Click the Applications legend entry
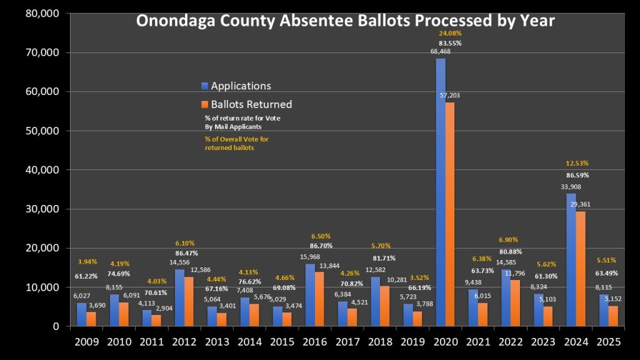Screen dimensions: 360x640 (x=241, y=86)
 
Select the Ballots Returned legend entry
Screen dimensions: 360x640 (x=251, y=104)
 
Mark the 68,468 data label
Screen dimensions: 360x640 (x=441, y=51)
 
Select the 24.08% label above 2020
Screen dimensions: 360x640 (x=450, y=33)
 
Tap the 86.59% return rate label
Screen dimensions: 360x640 (x=577, y=176)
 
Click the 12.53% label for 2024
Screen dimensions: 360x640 (x=577, y=164)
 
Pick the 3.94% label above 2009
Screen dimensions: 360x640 (x=87, y=262)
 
